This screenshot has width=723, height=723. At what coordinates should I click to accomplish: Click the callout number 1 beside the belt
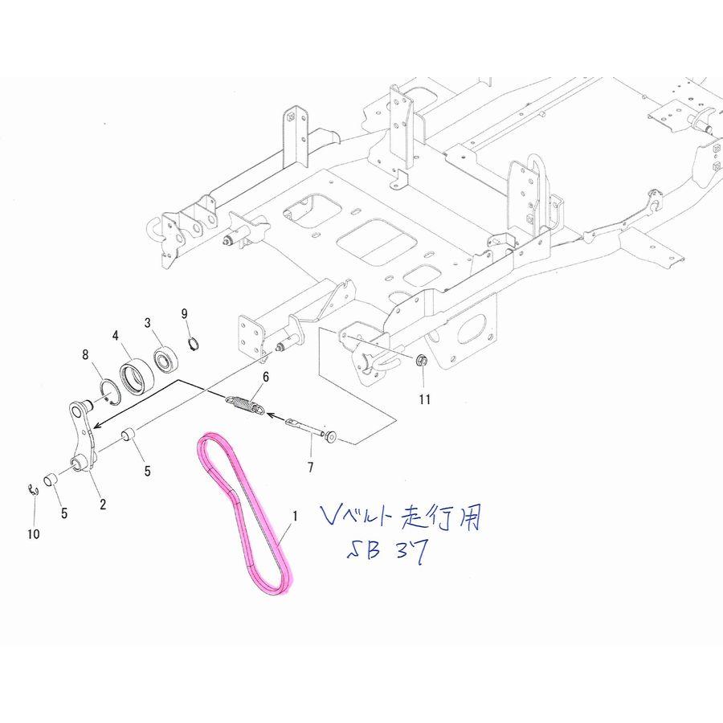pyautogui.click(x=295, y=518)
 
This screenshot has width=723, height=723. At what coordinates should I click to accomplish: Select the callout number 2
pyautogui.click(x=103, y=504)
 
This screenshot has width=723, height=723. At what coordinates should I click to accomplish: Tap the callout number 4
pyautogui.click(x=116, y=335)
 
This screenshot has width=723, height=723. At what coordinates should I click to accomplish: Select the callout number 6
pyautogui.click(x=265, y=377)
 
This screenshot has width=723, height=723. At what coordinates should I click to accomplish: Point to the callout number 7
pyautogui.click(x=310, y=467)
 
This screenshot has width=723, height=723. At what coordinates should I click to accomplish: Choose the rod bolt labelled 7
pyautogui.click(x=310, y=428)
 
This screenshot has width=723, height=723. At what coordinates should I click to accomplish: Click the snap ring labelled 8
pyautogui.click(x=109, y=391)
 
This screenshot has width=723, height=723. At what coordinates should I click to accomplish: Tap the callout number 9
pyautogui.click(x=184, y=312)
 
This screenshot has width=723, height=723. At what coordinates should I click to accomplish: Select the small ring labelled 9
pyautogui.click(x=193, y=345)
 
